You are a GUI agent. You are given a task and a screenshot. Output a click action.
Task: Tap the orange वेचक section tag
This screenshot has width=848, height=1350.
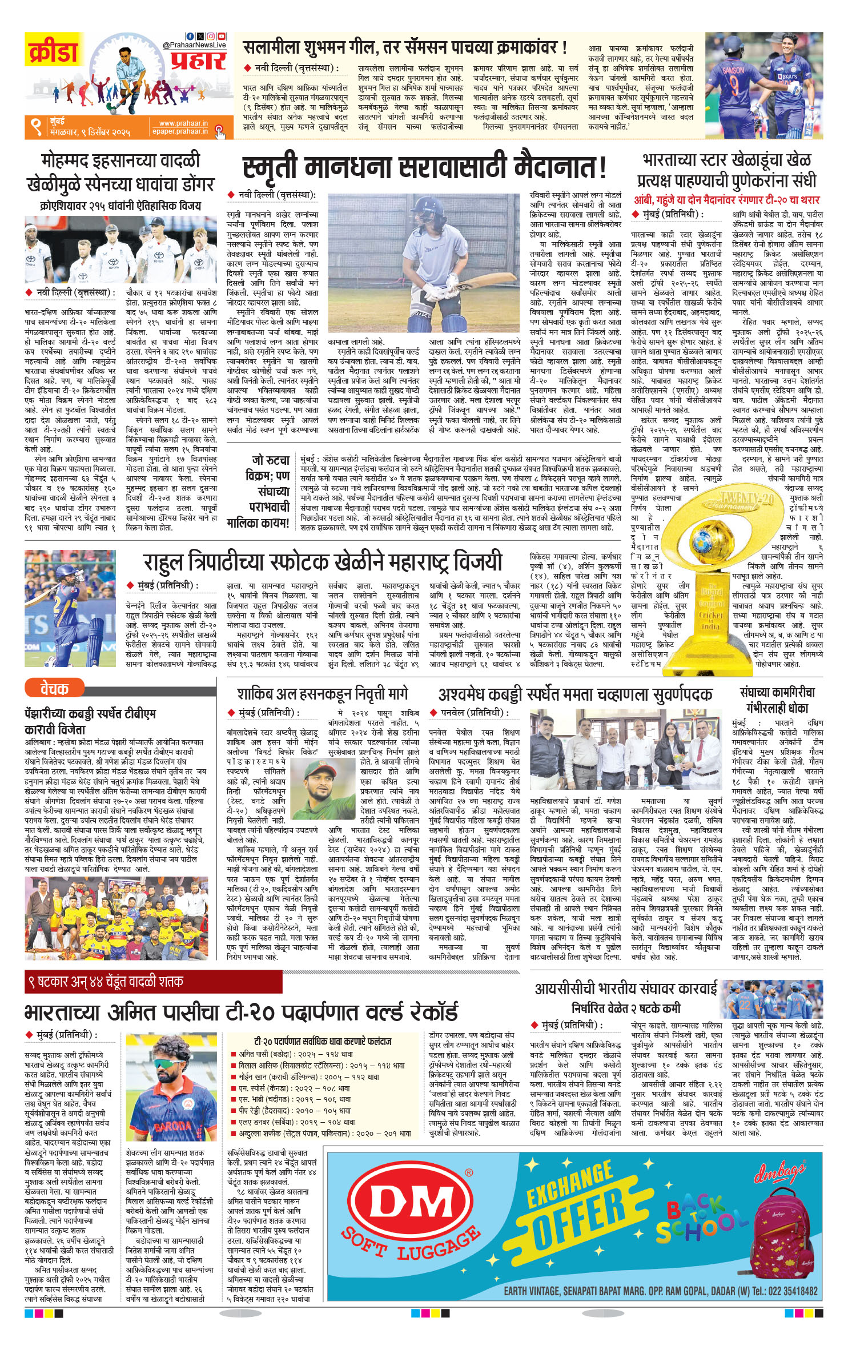pyautogui.click(x=54, y=689)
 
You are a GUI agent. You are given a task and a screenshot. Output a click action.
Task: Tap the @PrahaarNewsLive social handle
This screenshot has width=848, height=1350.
pyautogui.click(x=194, y=45)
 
